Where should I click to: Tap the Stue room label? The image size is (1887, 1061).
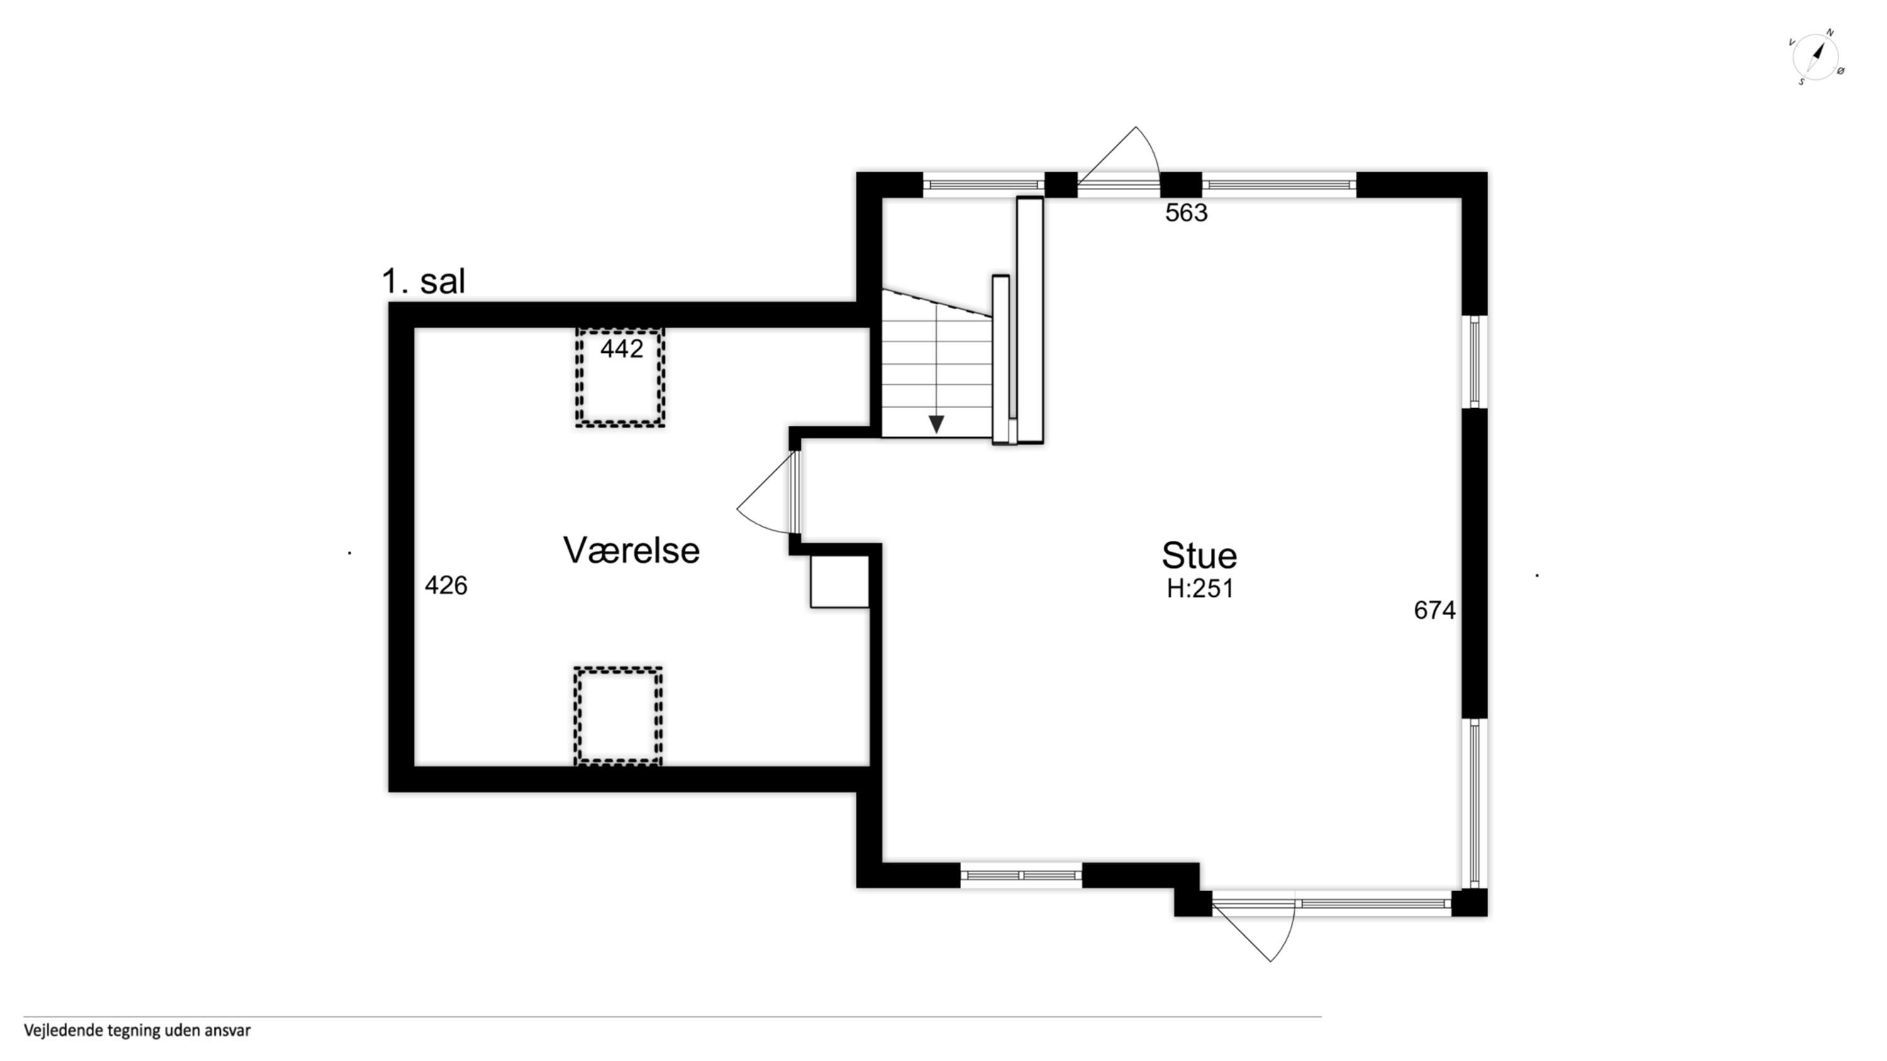coord(1199,556)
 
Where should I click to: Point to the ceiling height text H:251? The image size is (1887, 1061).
coord(1200,589)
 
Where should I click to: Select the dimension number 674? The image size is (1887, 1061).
coord(1434,610)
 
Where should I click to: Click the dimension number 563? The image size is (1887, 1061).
coord(1186,213)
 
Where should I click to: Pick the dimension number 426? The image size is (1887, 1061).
coord(446,585)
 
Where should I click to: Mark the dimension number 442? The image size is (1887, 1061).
coord(621,348)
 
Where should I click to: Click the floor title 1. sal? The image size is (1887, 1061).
coord(423,281)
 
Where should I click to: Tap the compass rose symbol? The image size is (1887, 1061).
coord(1816,57)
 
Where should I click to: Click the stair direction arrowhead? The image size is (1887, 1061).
coord(936,424)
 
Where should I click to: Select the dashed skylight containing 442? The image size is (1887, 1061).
coord(620,377)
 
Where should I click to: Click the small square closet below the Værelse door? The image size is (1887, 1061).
coord(840,581)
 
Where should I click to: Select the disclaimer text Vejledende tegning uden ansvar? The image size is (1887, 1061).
coord(137,1030)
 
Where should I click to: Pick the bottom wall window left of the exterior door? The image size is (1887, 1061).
coord(1021,875)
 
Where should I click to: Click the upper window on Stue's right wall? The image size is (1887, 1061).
coord(1474,362)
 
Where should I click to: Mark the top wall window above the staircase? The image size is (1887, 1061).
coord(983,184)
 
